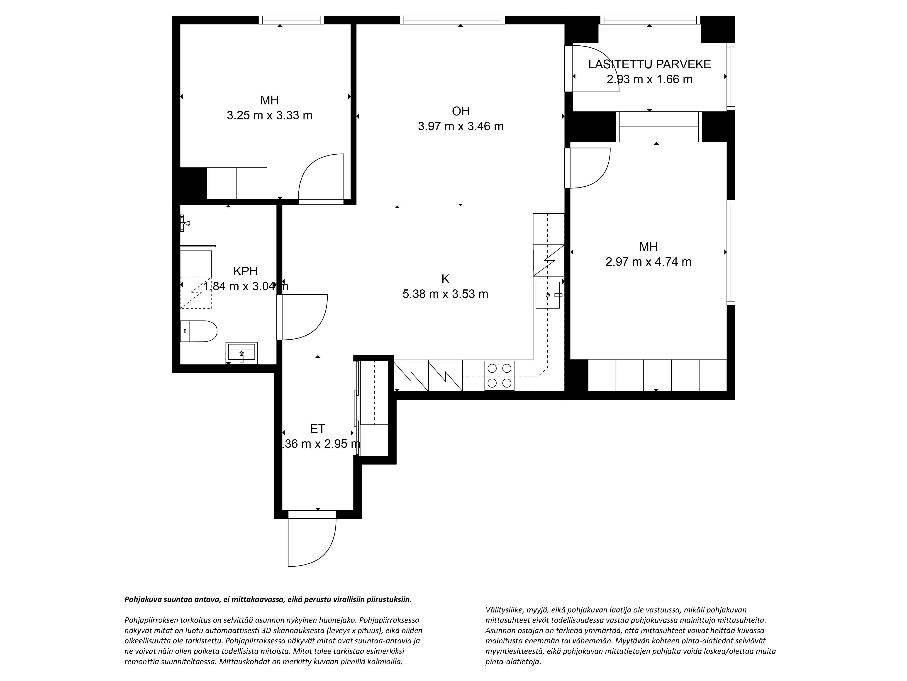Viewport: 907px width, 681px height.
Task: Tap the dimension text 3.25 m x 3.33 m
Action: click(x=269, y=115)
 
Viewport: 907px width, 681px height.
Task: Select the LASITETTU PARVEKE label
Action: click(x=649, y=64)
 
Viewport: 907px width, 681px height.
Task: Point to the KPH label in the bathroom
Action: click(x=245, y=271)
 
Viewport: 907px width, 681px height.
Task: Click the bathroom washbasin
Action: click(x=241, y=353)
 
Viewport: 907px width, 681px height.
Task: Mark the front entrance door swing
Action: click(x=312, y=542)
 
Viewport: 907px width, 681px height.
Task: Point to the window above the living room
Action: click(x=452, y=20)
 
